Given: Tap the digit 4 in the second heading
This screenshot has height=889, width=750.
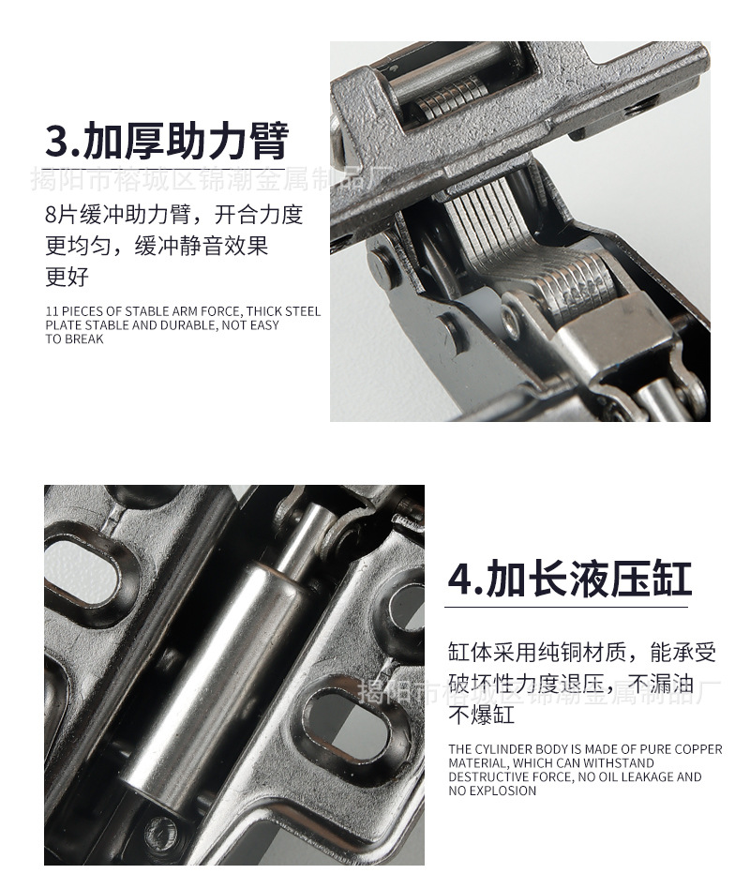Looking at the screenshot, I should point(461,580).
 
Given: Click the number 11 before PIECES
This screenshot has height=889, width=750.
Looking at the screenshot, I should point(51,311).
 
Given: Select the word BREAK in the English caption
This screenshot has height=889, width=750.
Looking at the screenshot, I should point(84,339).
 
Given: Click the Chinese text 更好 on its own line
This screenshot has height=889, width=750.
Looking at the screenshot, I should point(67,277).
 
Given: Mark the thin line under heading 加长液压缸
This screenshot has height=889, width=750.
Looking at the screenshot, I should point(566,607).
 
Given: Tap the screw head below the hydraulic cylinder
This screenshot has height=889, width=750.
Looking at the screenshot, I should point(161,829).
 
